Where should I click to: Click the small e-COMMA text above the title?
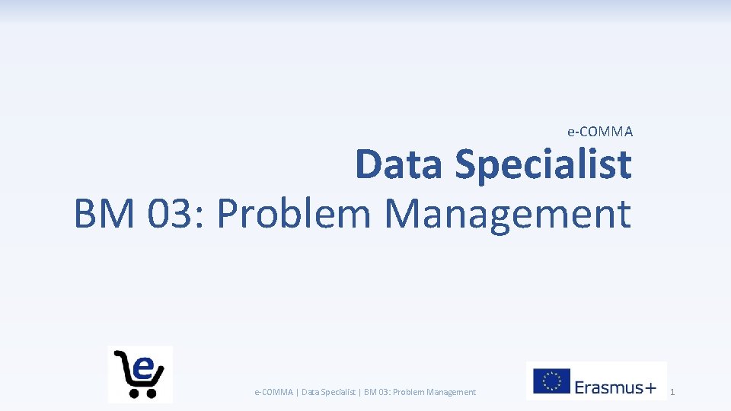tap(600, 132)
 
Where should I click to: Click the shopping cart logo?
tap(140, 374)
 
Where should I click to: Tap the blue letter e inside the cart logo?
tap(143, 368)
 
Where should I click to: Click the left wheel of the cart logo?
tap(134, 393)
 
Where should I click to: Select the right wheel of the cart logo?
tap(151, 393)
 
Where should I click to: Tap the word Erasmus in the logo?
tap(607, 387)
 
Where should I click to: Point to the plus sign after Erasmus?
tap(650, 388)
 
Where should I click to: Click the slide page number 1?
tap(672, 393)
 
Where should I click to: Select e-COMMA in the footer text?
tap(273, 392)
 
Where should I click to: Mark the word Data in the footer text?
tap(311, 392)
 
